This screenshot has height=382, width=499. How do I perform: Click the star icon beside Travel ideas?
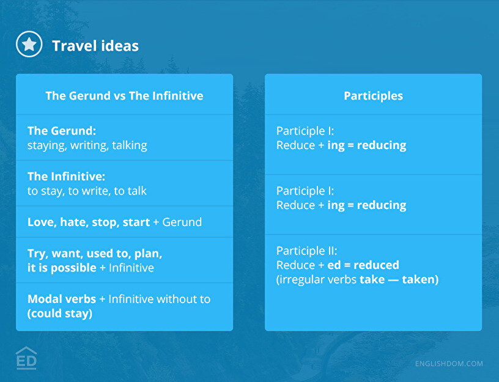click(29, 44)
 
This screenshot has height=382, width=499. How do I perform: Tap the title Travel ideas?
click(95, 46)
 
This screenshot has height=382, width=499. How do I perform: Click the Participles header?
click(373, 96)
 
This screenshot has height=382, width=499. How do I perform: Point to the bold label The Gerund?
click(62, 131)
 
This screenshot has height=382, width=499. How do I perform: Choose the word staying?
click(47, 145)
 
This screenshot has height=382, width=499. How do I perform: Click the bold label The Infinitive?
click(66, 176)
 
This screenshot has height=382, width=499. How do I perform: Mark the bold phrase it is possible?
click(62, 268)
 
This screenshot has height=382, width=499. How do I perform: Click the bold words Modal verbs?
click(62, 299)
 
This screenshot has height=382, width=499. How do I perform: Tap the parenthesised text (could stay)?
click(60, 314)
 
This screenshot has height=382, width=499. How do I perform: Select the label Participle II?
click(307, 251)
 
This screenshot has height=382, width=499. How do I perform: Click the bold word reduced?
click(376, 265)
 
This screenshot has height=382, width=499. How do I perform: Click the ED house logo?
click(26, 358)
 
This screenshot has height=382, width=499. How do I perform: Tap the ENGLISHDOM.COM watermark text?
click(449, 364)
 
